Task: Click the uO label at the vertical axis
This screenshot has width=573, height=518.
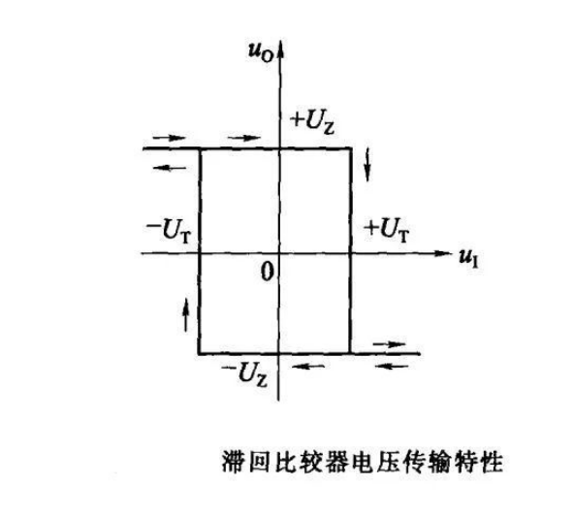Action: click(x=261, y=53)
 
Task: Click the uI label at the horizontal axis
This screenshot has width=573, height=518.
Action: click(x=468, y=259)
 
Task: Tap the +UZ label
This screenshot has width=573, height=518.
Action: click(x=312, y=123)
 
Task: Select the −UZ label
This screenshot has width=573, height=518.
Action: click(x=244, y=374)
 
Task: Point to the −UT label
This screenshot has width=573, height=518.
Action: click(x=169, y=231)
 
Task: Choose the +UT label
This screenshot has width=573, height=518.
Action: click(x=387, y=230)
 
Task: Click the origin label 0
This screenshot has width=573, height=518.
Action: click(x=268, y=273)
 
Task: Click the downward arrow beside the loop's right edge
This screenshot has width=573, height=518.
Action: click(x=367, y=165)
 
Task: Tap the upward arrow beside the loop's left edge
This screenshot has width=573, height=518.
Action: click(x=186, y=314)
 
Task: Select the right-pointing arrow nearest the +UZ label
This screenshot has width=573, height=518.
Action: click(x=243, y=138)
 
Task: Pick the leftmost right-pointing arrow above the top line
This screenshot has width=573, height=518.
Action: click(x=170, y=138)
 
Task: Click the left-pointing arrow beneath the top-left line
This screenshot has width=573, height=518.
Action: click(x=170, y=168)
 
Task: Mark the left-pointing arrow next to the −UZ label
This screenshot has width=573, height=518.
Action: click(x=308, y=366)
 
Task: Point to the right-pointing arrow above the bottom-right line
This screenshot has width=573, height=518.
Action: click(x=389, y=344)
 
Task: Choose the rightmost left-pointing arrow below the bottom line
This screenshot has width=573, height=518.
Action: click(x=392, y=366)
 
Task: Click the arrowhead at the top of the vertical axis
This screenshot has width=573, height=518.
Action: click(x=280, y=45)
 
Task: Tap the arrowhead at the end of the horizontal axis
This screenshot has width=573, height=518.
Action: click(x=447, y=253)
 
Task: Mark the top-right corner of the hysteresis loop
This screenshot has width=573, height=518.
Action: click(x=351, y=148)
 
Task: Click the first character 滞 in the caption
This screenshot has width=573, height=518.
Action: click(x=234, y=462)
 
